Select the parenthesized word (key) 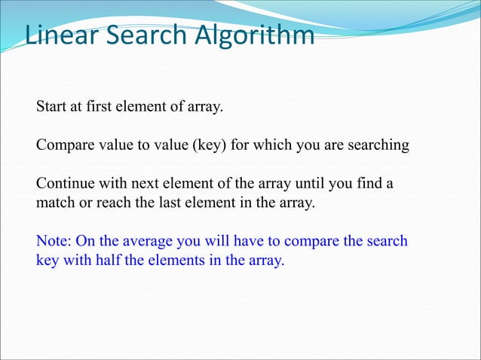(x=213, y=145)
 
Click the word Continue (x=66, y=184)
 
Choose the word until (x=308, y=184)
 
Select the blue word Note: (x=54, y=242)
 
